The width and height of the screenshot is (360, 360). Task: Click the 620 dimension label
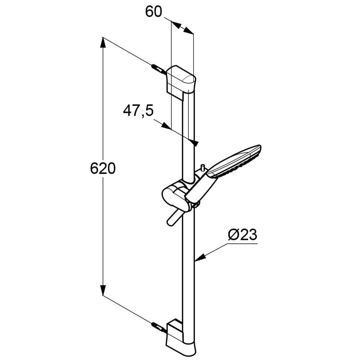tap(103, 168)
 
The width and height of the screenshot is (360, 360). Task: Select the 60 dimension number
tap(153, 12)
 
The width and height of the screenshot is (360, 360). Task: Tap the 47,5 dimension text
tap(138, 111)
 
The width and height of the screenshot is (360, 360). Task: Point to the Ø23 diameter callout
tap(243, 235)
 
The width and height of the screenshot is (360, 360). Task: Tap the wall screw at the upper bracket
tap(158, 69)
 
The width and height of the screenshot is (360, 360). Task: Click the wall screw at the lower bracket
tap(158, 327)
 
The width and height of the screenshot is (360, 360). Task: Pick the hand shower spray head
tap(234, 162)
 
